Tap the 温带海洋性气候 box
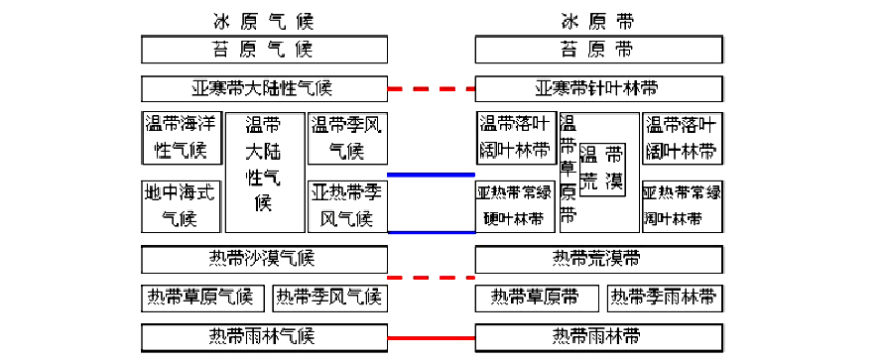(180, 138)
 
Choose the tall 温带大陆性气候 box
(263, 171)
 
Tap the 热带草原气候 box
(199, 297)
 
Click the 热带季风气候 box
(328, 297)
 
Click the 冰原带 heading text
(596, 20)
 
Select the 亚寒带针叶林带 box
(598, 88)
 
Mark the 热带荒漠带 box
(598, 259)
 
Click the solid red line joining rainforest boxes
(431, 337)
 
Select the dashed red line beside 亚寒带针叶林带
(431, 89)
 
